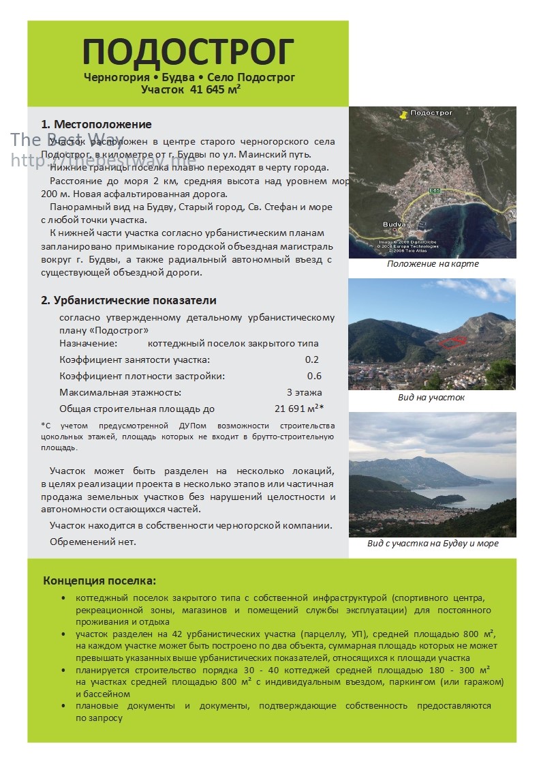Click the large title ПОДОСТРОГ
(x=188, y=53)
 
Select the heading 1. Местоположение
(x=96, y=124)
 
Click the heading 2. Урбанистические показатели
(x=129, y=300)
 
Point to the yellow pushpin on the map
(x=403, y=115)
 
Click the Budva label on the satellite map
(x=395, y=224)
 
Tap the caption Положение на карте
(x=432, y=264)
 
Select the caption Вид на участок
(x=431, y=398)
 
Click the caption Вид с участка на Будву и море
(x=433, y=544)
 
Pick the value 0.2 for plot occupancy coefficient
(x=311, y=359)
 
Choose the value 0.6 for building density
(x=314, y=376)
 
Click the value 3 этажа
(x=304, y=392)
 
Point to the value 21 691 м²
(x=298, y=409)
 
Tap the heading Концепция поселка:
(x=99, y=580)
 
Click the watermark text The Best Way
(x=67, y=140)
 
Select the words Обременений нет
(x=93, y=542)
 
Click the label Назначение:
(x=88, y=343)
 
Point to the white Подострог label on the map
(x=432, y=112)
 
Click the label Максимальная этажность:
(x=120, y=392)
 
